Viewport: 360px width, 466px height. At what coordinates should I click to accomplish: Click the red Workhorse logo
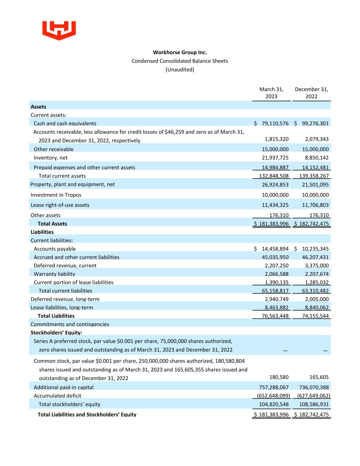[x=59, y=30]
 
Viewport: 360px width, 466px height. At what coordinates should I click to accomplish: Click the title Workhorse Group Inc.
[x=180, y=52]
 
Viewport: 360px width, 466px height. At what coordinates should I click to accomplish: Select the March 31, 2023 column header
[x=271, y=93]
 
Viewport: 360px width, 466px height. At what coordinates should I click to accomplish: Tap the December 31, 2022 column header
[x=312, y=93]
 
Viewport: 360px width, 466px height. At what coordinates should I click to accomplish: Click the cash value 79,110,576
[x=275, y=123]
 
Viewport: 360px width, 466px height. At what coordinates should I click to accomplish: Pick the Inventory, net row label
[x=51, y=158]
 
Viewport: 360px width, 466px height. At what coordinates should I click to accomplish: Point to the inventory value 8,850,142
[x=315, y=158]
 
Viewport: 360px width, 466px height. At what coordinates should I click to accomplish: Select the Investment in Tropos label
[x=56, y=195]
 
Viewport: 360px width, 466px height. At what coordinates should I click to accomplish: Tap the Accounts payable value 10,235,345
[x=315, y=249]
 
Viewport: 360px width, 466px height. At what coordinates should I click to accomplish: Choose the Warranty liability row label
[x=54, y=274]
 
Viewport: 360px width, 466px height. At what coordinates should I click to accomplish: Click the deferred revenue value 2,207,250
[x=276, y=266]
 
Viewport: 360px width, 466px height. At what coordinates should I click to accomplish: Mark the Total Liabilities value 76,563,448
[x=275, y=316]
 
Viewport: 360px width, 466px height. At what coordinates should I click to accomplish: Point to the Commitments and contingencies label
[x=70, y=324]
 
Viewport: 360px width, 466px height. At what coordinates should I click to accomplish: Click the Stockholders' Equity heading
[x=56, y=333]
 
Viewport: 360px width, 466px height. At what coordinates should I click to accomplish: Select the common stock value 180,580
[x=279, y=377]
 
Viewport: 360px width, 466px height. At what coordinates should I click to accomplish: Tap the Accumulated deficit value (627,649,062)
[x=314, y=396]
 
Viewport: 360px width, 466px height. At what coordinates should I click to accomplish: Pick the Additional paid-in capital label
[x=63, y=387]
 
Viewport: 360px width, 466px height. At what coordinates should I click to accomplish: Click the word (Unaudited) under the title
[x=180, y=70]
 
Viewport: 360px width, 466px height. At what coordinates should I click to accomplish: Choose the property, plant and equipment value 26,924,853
[x=275, y=185]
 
